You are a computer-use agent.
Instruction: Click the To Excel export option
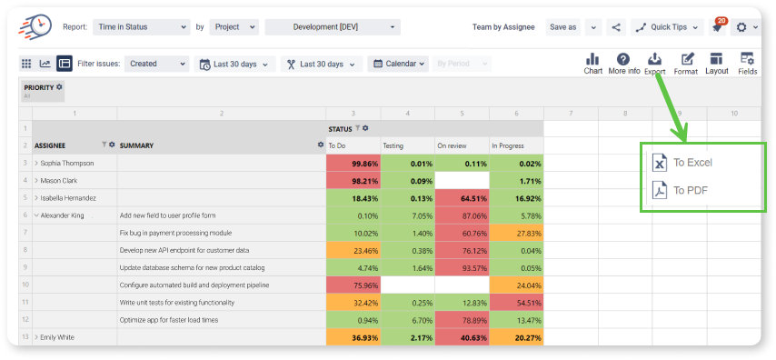click(682, 163)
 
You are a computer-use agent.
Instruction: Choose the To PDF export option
click(680, 190)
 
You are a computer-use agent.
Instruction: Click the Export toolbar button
click(655, 64)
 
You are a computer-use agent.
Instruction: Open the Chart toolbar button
click(592, 64)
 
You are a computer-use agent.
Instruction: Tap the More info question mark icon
click(624, 59)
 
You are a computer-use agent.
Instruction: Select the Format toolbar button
click(686, 64)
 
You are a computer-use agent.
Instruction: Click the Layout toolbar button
click(717, 64)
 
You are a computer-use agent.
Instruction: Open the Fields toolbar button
click(747, 64)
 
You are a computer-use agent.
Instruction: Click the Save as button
click(563, 27)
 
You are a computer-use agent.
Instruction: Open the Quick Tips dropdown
click(667, 27)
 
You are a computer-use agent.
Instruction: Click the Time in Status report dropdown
click(142, 27)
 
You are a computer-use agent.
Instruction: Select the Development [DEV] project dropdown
click(333, 27)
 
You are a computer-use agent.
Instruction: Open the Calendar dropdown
click(398, 64)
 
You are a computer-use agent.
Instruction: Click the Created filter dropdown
click(156, 64)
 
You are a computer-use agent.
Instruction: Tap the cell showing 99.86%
click(353, 163)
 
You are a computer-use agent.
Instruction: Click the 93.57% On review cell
click(463, 268)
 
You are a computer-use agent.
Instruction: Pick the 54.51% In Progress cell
click(517, 303)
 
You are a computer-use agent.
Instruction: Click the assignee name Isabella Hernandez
click(68, 198)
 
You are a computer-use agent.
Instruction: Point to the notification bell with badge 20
click(717, 26)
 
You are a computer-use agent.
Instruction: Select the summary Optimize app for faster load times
click(169, 320)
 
